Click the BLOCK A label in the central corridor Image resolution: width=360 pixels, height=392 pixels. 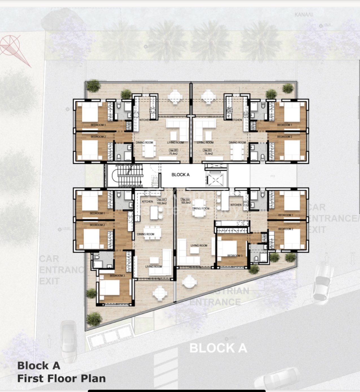click(180, 175)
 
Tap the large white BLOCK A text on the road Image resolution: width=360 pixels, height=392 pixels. click(218, 348)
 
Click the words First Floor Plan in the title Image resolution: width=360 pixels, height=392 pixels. click(62, 378)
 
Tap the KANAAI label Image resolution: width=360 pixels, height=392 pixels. click(304, 15)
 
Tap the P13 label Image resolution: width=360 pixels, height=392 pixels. click(272, 176)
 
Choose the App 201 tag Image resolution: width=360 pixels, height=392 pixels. click(207, 150)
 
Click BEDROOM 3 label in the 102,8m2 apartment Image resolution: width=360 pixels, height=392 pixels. click(117, 275)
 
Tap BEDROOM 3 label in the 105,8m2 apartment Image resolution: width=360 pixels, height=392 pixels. click(235, 256)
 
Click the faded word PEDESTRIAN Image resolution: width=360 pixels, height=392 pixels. click(226, 291)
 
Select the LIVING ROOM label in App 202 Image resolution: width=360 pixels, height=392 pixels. click(175, 143)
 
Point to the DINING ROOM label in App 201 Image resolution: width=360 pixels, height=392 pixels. click(237, 143)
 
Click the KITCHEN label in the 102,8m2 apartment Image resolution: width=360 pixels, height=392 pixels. click(147, 202)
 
